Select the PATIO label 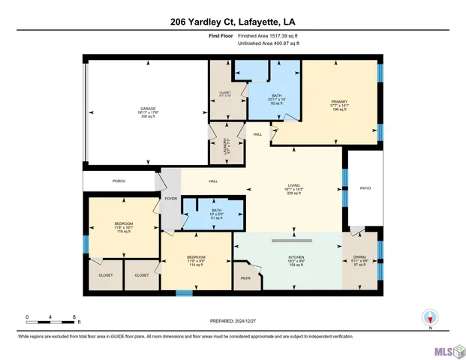[x=365, y=188]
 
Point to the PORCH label [x=119, y=181]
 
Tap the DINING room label [x=360, y=258]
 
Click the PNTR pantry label [x=245, y=277]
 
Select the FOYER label [x=171, y=199]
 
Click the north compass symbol [x=430, y=318]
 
